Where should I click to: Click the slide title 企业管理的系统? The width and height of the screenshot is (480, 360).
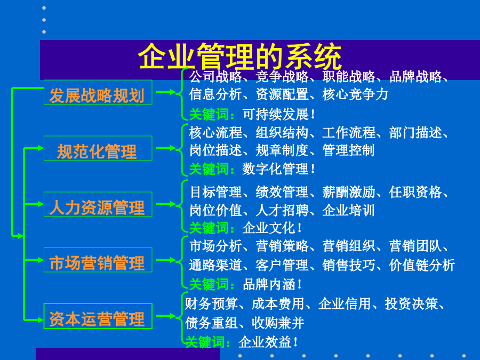coord(240,57)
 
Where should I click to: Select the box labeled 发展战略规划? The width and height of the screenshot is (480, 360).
coord(98,92)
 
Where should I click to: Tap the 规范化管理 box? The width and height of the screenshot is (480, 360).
coord(98,148)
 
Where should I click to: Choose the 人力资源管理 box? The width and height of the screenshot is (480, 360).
coord(98,204)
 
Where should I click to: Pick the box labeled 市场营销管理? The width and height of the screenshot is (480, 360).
coord(98,260)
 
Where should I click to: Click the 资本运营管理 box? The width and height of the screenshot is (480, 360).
coord(98,316)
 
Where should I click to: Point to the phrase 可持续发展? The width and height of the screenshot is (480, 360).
coord(276,115)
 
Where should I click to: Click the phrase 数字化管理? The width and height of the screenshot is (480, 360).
coord(276,169)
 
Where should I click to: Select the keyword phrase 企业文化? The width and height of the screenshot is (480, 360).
coord(269,228)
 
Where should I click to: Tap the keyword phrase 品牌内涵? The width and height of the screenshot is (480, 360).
coord(269,284)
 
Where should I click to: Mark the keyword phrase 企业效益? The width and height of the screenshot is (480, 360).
coord(265,342)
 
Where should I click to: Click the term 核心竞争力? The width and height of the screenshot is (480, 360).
coord(355,94)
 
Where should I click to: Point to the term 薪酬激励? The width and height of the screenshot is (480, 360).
coord(349,192)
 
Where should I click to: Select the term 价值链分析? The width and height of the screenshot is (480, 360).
coord(422,265)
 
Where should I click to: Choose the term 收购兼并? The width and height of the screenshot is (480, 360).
coord(278,323)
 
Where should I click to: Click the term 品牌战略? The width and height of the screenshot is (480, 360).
coord(415,76)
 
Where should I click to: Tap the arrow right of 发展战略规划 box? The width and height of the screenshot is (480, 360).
coord(166,92)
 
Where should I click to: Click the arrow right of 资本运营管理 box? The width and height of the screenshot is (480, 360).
coord(166,316)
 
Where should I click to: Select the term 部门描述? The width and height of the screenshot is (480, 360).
coord(415,133)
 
